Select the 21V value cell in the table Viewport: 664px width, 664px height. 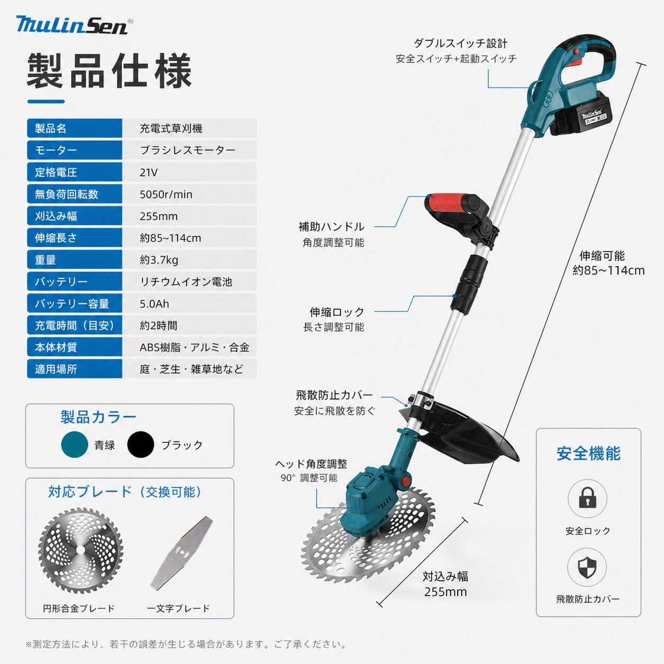click(148, 172)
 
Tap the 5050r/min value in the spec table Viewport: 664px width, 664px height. click(166, 194)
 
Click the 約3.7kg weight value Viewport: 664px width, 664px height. click(159, 260)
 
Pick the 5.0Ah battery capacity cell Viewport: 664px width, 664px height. click(155, 303)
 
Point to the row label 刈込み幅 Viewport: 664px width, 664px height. click(56, 216)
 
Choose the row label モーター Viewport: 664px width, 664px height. click(56, 150)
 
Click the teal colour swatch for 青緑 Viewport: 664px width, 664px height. click(75, 444)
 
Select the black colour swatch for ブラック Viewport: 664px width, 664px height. click(141, 444)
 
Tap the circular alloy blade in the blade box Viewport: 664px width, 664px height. click(80, 550)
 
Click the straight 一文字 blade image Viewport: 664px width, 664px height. click(182, 553)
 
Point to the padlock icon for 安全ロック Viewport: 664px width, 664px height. click(588, 499)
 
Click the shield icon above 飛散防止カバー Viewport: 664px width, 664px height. click(587, 568)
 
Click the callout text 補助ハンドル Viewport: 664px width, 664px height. click(331, 227)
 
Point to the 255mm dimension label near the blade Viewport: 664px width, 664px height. click(445, 592)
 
